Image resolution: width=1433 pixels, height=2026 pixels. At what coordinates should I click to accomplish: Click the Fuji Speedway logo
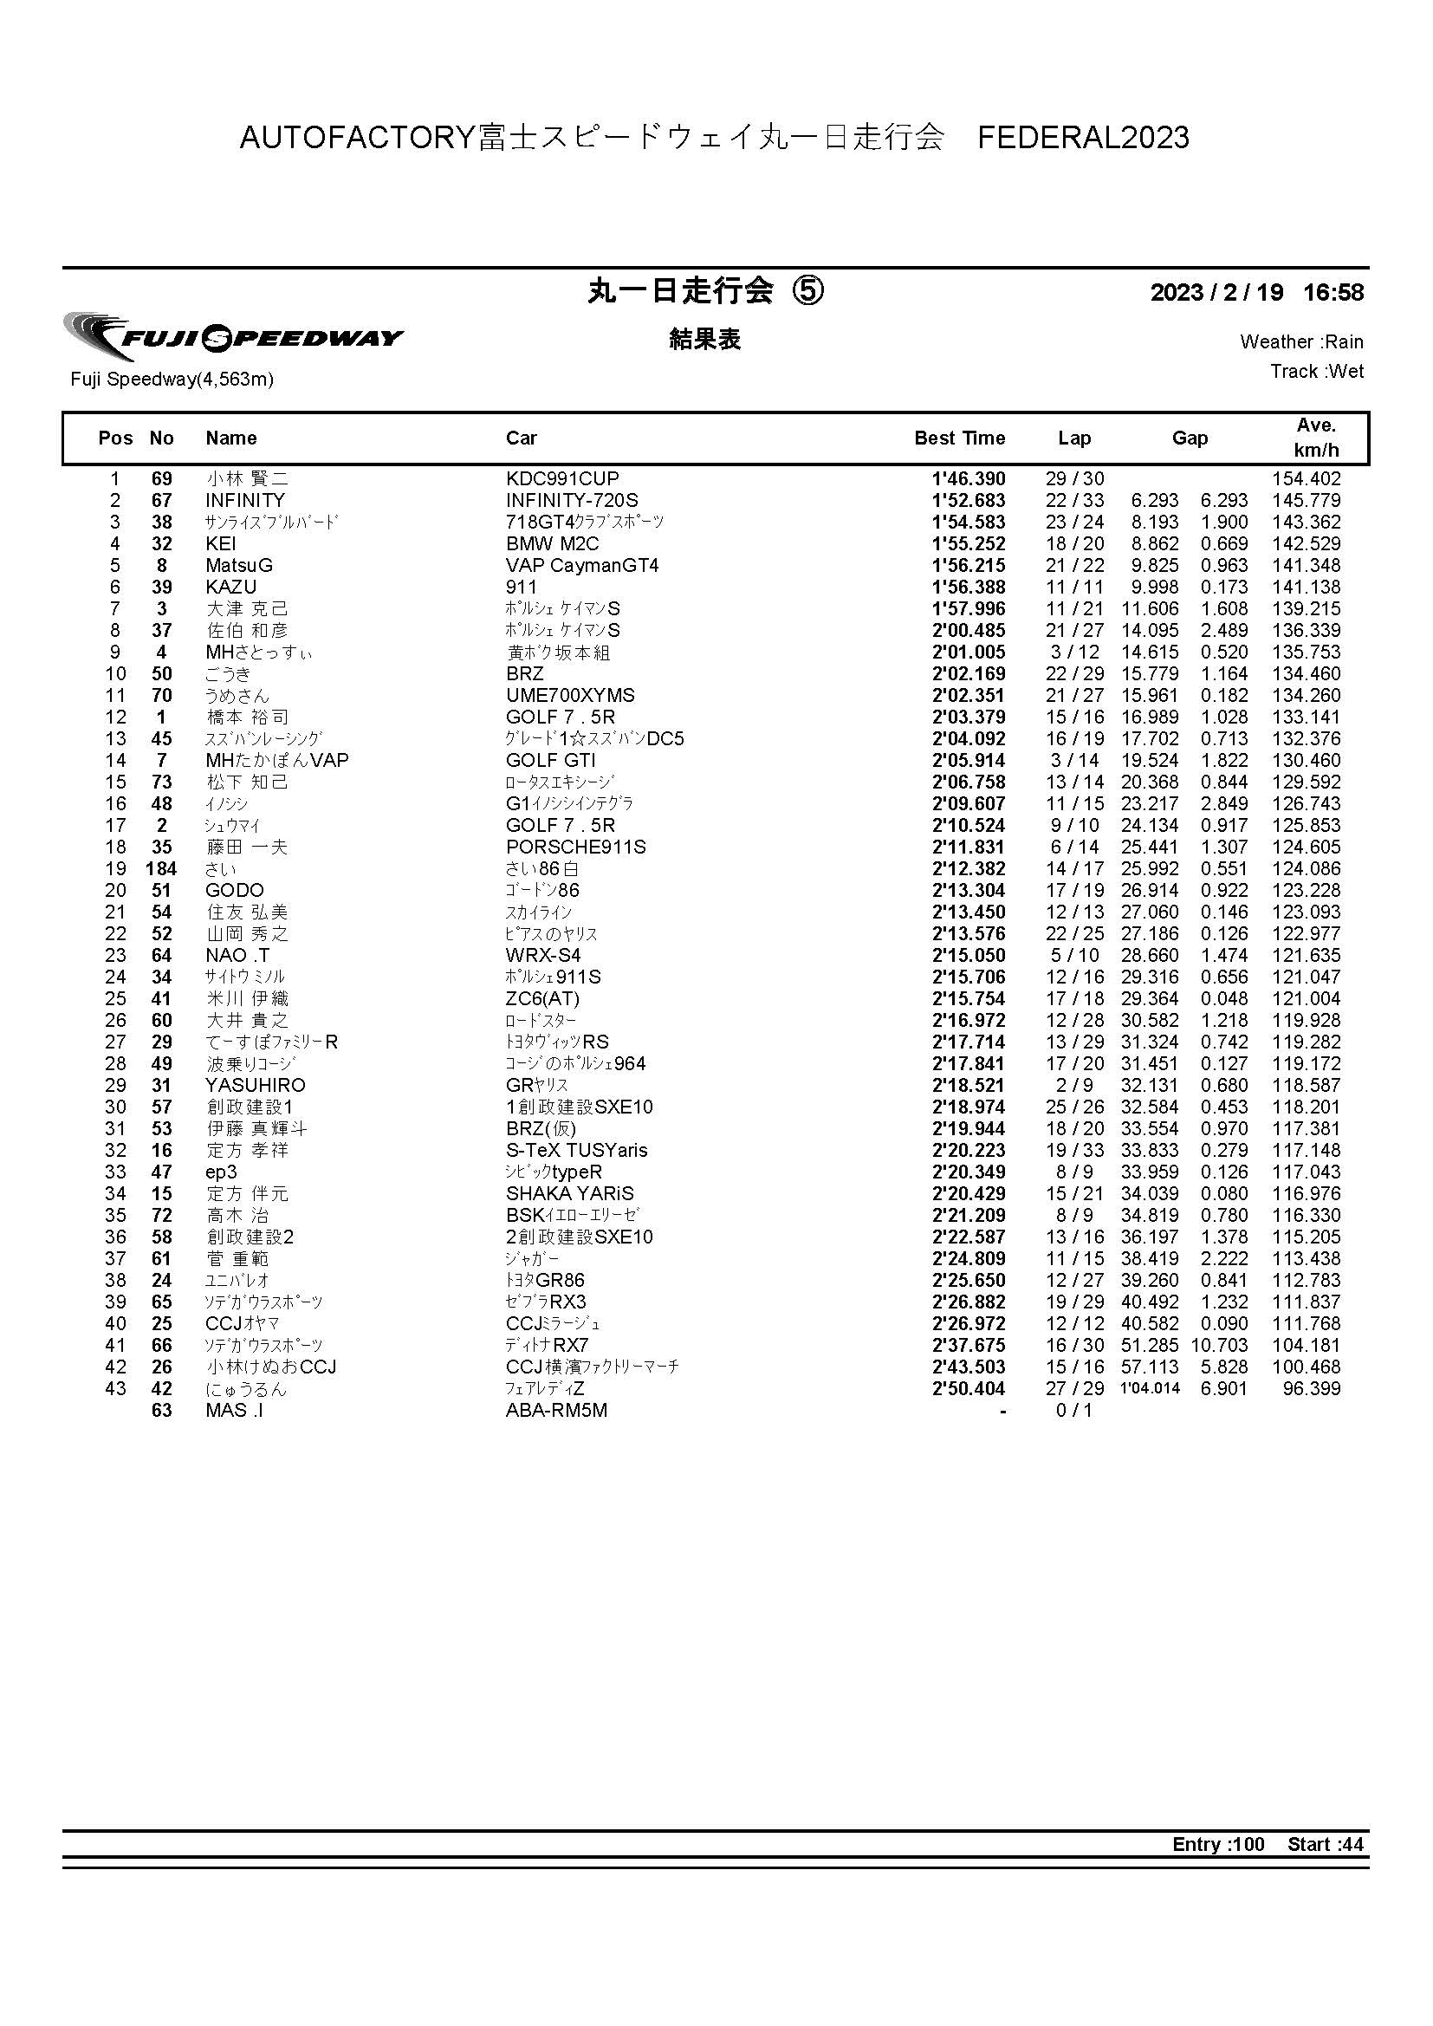coord(233,336)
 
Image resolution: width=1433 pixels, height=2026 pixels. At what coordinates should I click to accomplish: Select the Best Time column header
coord(959,438)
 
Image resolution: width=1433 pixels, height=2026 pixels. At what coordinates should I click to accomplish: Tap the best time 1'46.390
coord(968,479)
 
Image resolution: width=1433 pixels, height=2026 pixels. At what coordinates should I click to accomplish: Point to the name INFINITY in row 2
coord(245,500)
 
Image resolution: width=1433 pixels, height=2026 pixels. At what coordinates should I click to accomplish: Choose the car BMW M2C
coord(553,543)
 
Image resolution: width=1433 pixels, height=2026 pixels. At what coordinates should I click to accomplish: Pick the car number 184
coord(161,869)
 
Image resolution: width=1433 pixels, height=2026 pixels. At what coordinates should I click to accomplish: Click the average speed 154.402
coord(1306,479)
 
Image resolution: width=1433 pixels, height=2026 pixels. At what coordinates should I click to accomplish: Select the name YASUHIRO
coord(255,1085)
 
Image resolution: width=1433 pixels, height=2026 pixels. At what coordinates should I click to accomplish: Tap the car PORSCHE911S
coord(575,847)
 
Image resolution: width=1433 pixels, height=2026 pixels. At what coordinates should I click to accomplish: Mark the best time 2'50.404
coord(968,1389)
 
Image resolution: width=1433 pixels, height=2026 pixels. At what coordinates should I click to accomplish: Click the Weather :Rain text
coord(1301,341)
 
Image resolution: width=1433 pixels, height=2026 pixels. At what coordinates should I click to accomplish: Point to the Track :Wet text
coord(1317,372)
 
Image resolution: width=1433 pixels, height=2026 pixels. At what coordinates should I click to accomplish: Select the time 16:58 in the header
coord(1333,293)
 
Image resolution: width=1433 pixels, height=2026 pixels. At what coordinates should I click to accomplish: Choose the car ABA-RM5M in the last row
coord(556,1410)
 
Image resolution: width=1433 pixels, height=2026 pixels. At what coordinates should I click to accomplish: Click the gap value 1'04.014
coord(1149,1389)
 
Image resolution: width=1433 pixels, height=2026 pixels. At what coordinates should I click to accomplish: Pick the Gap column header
coord(1190,438)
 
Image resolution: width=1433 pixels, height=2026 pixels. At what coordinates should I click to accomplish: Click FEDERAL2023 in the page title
coord(1084,138)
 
